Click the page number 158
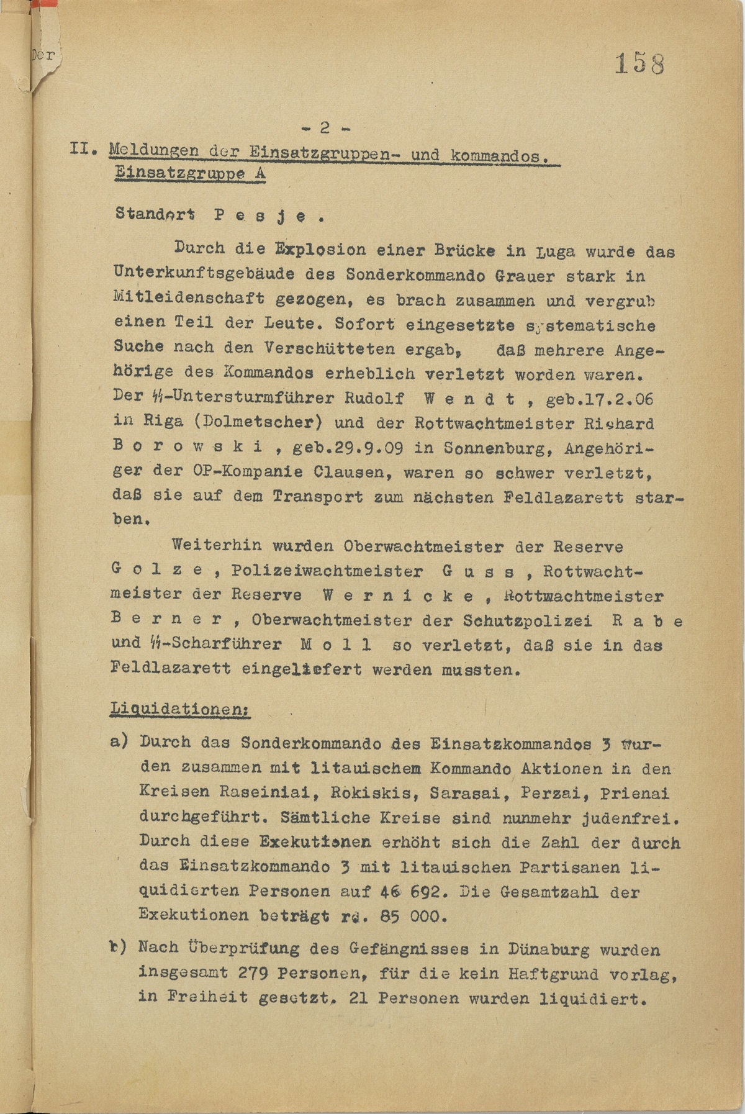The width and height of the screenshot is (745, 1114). click(x=639, y=64)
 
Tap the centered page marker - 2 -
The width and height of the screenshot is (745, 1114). click(x=325, y=129)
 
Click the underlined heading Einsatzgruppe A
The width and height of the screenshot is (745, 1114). click(x=191, y=174)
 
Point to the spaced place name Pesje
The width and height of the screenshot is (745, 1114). click(x=268, y=217)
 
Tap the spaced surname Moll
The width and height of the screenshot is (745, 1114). click(x=336, y=645)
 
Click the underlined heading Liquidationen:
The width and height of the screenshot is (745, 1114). click(x=180, y=709)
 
